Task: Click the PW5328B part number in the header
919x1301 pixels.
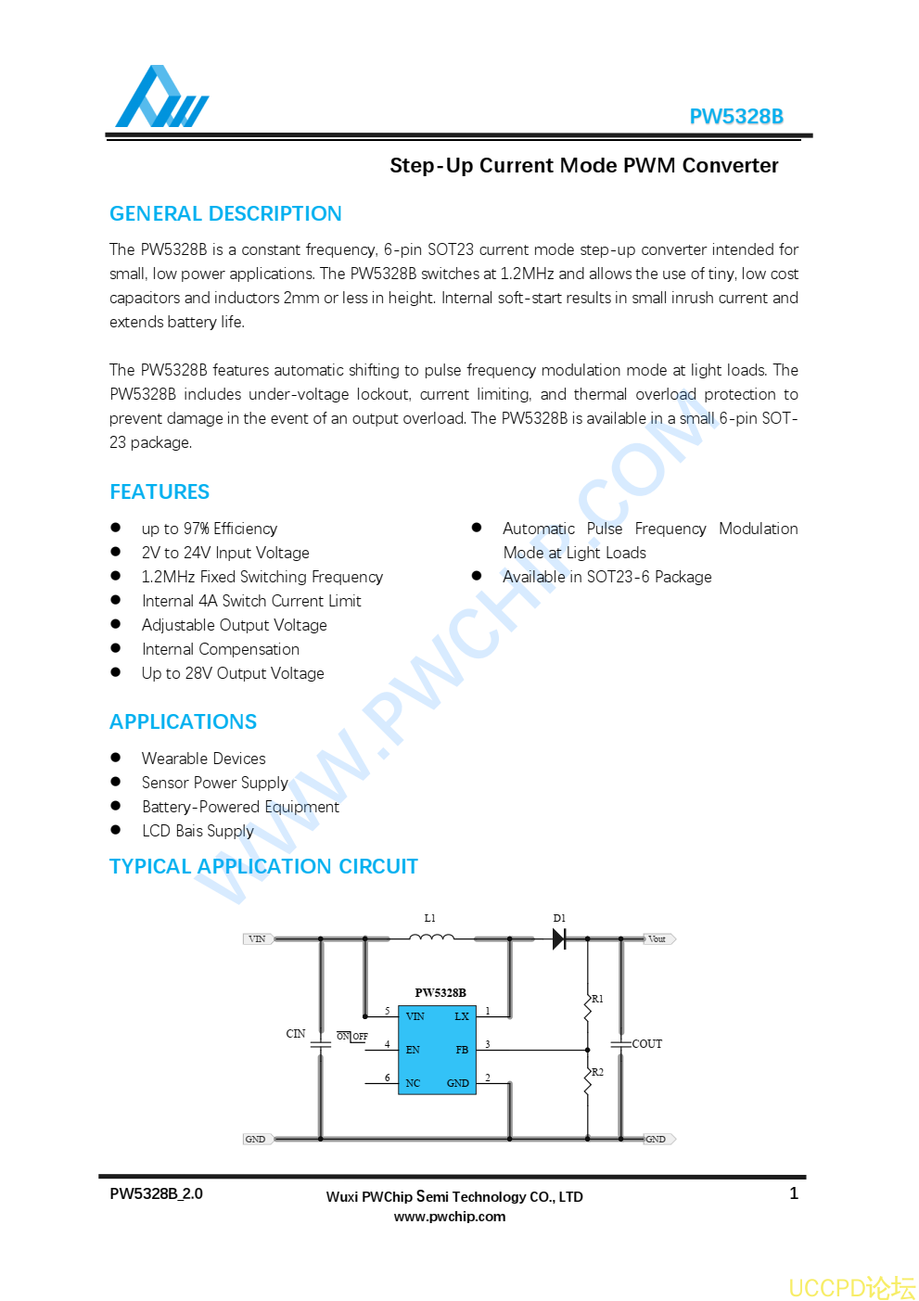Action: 735,117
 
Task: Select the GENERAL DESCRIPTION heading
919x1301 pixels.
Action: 225,214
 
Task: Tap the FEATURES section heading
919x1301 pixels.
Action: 160,492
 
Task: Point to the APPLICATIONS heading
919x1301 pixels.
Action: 184,722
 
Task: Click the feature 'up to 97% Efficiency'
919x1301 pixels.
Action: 210,529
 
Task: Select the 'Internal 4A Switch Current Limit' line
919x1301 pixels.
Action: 251,601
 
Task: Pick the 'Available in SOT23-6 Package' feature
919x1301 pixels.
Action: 606,577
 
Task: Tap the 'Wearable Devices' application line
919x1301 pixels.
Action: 203,759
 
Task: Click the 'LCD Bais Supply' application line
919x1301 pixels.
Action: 198,831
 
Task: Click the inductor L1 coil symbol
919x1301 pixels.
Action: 431,937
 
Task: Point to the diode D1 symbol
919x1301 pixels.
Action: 559,938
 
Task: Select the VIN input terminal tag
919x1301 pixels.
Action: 257,938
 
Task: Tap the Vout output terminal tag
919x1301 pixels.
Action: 657,939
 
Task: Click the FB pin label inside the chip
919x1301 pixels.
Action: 462,1050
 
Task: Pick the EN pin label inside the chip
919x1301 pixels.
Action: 413,1050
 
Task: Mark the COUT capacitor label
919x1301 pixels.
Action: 647,1044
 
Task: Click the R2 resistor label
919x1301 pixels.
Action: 597,1072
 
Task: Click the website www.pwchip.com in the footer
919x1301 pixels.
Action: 450,1217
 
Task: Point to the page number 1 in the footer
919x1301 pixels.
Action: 794,1193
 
